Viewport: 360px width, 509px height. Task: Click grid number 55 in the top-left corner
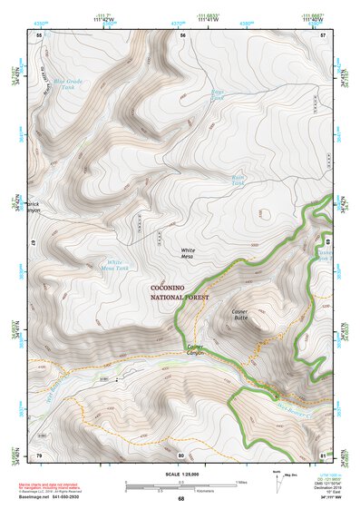click(x=38, y=34)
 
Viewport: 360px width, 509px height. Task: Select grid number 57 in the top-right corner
click(x=323, y=34)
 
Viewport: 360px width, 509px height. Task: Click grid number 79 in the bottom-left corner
click(x=39, y=455)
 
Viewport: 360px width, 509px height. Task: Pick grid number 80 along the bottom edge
click(x=181, y=455)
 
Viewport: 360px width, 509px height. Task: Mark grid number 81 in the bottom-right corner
click(x=322, y=455)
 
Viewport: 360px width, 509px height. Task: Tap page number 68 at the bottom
click(x=180, y=499)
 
